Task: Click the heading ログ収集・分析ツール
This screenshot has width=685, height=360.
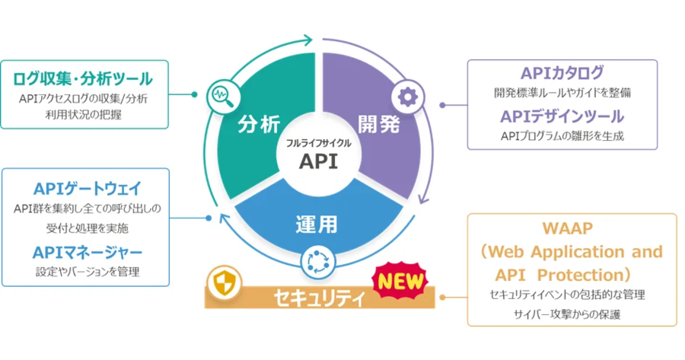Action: coord(83,79)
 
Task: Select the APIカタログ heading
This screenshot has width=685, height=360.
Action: coord(562,73)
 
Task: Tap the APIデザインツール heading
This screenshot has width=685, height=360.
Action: coord(562,116)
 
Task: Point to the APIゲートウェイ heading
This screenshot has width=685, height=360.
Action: coord(88,189)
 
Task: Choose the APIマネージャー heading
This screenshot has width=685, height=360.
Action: coord(88,253)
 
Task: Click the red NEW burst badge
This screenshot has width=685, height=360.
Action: coord(400,282)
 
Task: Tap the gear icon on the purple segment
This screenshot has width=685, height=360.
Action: coord(408,97)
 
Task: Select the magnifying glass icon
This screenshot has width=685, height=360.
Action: coord(223,96)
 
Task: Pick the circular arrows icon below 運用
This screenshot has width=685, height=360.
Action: coord(318,262)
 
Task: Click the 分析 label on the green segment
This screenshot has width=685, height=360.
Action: coord(259,125)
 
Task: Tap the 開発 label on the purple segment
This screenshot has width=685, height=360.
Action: coord(379,124)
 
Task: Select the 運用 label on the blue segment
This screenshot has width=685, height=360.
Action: coord(317,225)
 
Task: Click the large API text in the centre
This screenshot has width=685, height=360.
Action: coord(318,161)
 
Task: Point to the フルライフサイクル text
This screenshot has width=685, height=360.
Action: coord(318,143)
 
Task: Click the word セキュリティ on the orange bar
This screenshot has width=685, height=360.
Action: coord(319,298)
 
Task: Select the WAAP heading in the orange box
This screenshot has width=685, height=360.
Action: coord(568,228)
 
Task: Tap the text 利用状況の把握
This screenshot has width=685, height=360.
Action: coord(84,115)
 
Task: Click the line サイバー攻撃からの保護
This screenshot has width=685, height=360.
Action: coord(567,314)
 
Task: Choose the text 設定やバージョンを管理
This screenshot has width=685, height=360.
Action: coord(88,272)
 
